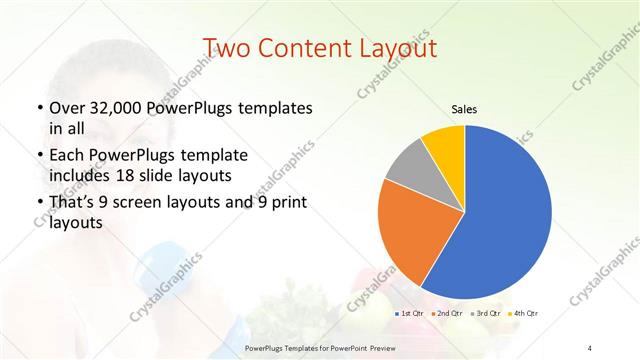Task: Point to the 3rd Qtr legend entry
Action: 486,314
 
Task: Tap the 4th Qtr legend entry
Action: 523,314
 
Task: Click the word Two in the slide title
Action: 224,48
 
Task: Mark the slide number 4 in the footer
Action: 591,347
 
